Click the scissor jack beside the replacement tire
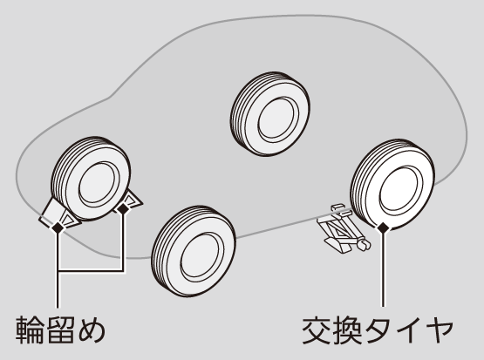click(344, 228)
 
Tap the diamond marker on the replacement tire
click(384, 228)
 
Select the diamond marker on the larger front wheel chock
click(58, 228)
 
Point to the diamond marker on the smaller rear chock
click(124, 209)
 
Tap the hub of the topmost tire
click(278, 120)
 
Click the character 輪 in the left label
click(30, 329)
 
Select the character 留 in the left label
click(60, 329)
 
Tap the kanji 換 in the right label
click(347, 330)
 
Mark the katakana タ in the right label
click(378, 330)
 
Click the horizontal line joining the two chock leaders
click(91, 271)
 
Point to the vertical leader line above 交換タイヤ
click(384, 270)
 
